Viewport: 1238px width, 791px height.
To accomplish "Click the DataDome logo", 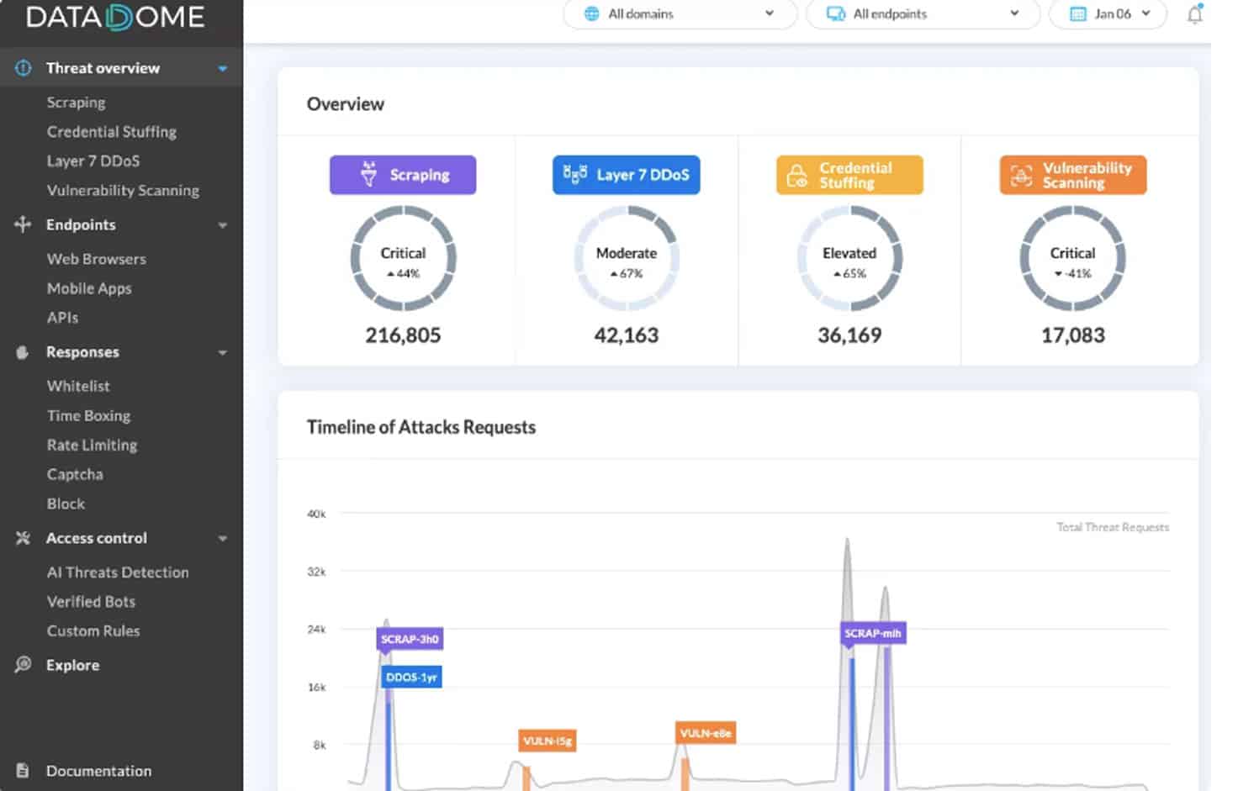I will tap(115, 17).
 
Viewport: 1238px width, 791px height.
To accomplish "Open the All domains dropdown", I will tap(679, 13).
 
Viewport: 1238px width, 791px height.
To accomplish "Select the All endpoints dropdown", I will tap(922, 13).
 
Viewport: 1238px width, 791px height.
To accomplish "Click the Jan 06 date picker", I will tap(1108, 13).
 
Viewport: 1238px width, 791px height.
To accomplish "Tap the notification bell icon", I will tap(1194, 14).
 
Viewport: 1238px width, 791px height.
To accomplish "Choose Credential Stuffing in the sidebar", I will tap(111, 132).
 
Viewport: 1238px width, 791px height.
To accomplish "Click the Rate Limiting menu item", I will tap(92, 445).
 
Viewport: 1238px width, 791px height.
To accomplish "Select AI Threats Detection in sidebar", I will tap(118, 572).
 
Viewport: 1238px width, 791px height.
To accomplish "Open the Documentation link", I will tap(98, 771).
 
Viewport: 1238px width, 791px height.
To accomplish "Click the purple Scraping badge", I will tap(403, 175).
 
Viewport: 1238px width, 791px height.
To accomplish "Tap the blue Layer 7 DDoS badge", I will tap(626, 175).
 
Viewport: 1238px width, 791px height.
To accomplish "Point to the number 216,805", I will tap(403, 335).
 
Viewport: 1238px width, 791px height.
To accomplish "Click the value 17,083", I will tap(1072, 335).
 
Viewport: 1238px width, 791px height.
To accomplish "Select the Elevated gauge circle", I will tap(849, 260).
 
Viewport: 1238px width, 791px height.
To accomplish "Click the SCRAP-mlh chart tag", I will tap(873, 633).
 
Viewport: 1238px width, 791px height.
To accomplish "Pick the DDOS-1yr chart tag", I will tap(411, 678).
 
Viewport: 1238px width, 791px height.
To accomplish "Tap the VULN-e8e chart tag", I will tap(705, 733).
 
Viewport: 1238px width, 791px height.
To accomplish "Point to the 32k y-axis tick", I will tap(316, 572).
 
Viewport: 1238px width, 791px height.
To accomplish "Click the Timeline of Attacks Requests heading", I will tap(421, 427).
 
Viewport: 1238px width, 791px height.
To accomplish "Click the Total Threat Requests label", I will tap(1112, 527).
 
